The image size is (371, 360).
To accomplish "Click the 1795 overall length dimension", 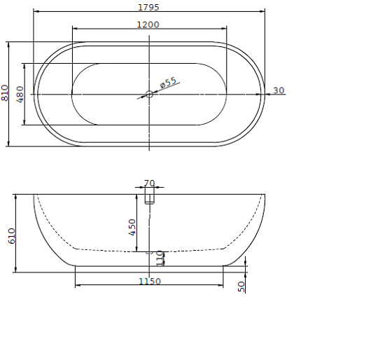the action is (148, 7).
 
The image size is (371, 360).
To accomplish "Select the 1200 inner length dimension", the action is (148, 25).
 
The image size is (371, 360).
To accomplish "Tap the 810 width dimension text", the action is (5, 93).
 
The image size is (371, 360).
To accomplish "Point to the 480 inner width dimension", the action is (20, 94).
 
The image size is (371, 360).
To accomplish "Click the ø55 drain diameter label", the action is (168, 83).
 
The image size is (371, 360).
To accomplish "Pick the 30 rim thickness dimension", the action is (279, 90).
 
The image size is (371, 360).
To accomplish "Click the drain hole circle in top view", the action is (149, 94).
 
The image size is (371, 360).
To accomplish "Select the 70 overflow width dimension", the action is (149, 184).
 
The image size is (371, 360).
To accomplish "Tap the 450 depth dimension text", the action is (132, 227).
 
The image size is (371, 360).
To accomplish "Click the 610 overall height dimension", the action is (12, 236).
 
